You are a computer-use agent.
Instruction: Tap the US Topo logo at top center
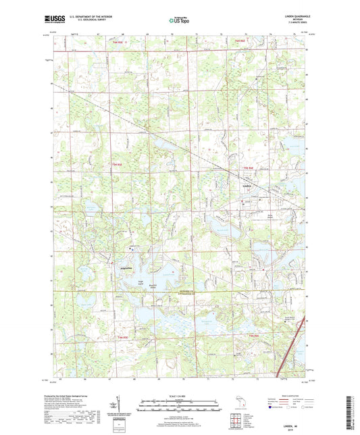[x=179, y=21]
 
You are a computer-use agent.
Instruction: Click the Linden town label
[x=247, y=186]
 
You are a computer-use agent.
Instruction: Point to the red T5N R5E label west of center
[x=117, y=165]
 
